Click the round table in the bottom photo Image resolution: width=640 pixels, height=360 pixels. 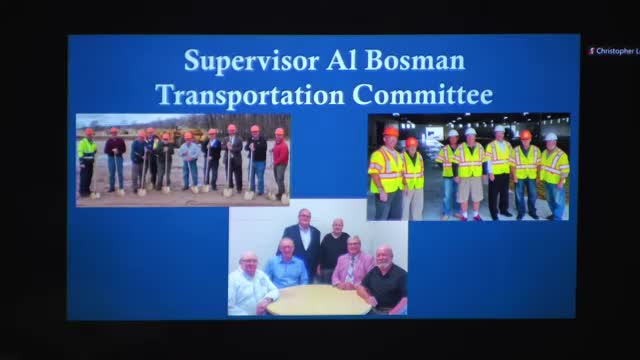click(317, 299)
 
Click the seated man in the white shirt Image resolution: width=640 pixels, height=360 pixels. click(249, 285)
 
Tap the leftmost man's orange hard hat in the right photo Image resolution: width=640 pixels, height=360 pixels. click(390, 131)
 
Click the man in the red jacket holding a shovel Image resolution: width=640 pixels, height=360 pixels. click(280, 160)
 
